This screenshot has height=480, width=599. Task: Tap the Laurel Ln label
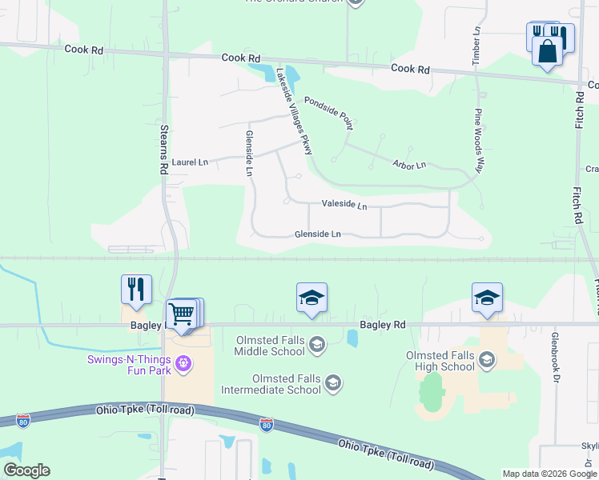click(x=190, y=162)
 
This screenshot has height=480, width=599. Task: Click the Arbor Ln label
click(x=408, y=166)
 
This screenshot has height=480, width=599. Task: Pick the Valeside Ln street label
click(x=344, y=206)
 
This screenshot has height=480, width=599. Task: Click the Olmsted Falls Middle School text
click(x=271, y=346)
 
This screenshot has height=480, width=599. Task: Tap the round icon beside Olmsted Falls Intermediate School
click(x=333, y=385)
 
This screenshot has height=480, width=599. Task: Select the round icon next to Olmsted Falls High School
click(x=486, y=361)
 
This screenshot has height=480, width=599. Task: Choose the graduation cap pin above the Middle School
click(x=312, y=298)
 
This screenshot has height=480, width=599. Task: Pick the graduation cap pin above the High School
click(x=487, y=298)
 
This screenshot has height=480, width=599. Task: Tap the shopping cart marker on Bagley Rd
click(x=182, y=314)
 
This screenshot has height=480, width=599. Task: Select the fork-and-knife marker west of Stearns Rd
click(x=136, y=290)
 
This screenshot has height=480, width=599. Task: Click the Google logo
click(x=26, y=470)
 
